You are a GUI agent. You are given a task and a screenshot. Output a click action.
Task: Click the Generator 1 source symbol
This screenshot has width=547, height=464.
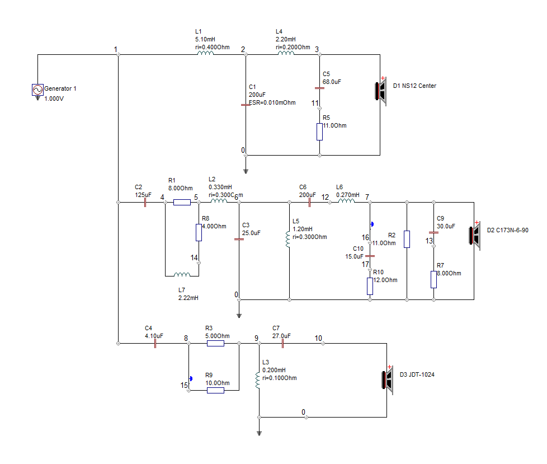tap(37, 90)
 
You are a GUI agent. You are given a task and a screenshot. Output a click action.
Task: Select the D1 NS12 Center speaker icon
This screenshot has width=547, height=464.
tap(381, 91)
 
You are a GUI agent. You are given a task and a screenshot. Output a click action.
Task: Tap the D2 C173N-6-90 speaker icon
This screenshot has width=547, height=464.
tap(475, 236)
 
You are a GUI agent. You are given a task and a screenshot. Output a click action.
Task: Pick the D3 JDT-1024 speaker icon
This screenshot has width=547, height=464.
tap(388, 380)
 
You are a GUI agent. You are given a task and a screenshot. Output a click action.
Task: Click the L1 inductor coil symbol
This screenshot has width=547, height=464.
tap(205, 53)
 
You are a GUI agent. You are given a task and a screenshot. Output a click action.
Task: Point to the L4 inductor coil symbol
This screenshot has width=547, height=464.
tap(286, 53)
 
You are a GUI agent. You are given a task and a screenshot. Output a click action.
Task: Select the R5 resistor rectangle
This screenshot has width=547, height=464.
tap(319, 132)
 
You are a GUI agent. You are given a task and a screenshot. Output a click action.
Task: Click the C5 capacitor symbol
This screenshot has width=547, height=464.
tap(319, 88)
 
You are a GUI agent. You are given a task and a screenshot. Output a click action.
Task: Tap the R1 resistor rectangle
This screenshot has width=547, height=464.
tap(182, 202)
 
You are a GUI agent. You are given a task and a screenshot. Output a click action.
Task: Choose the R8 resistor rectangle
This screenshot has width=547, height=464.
tap(199, 232)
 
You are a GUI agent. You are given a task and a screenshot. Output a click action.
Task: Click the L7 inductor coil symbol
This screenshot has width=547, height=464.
tap(182, 274)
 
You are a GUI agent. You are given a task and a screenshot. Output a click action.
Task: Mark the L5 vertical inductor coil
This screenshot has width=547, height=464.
tap(288, 239)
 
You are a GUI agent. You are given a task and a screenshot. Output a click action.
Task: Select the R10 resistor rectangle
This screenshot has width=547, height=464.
tap(370, 286)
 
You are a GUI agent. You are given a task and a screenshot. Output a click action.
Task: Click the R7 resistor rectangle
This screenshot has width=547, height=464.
tap(433, 279)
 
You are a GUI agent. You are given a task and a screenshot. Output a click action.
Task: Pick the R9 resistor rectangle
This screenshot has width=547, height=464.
tap(215, 390)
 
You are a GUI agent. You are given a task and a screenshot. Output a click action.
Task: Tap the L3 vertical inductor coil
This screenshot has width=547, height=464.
tap(258, 380)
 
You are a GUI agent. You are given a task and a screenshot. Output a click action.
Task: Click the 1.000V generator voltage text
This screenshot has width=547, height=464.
tap(54, 99)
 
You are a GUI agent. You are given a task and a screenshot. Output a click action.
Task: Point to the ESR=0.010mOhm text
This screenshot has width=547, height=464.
tap(272, 102)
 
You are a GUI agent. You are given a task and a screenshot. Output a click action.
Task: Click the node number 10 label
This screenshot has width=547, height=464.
tap(318, 338)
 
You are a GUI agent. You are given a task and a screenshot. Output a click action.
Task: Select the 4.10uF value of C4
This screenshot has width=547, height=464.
tap(154, 336)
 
